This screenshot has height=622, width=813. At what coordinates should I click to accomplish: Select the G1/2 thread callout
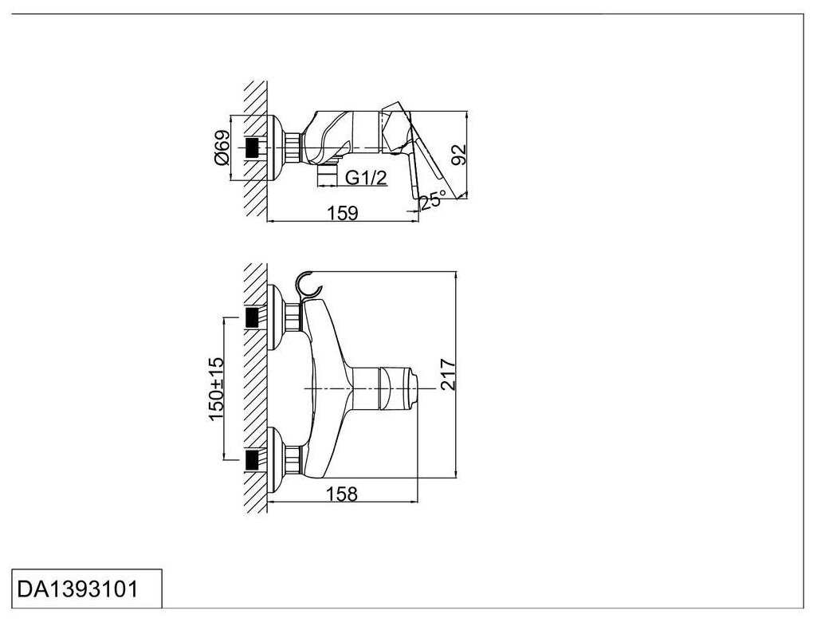pyautogui.click(x=367, y=178)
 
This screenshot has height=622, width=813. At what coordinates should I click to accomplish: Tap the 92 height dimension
pyautogui.click(x=458, y=154)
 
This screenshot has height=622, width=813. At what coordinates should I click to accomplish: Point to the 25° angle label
pyautogui.click(x=434, y=199)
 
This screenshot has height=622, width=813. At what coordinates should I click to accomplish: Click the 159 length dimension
pyautogui.click(x=342, y=212)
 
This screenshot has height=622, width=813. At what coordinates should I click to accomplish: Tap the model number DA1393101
pyautogui.click(x=77, y=589)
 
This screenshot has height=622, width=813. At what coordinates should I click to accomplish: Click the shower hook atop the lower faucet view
pyautogui.click(x=306, y=285)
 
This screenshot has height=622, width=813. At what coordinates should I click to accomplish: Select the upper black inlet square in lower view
pyautogui.click(x=253, y=318)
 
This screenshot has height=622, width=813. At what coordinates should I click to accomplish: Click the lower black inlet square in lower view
pyautogui.click(x=253, y=459)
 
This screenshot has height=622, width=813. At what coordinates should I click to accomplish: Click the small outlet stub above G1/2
pyautogui.click(x=326, y=176)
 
